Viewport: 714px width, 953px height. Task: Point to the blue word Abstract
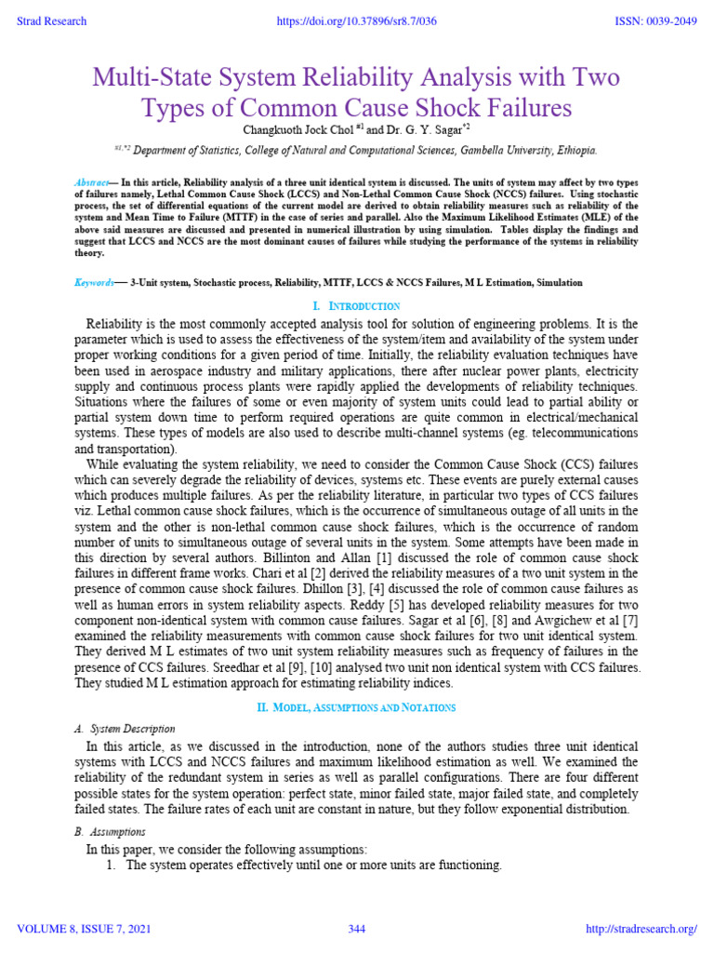(93, 181)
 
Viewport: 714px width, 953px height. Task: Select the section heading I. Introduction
(357, 306)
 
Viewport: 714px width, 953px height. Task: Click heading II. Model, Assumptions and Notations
(357, 708)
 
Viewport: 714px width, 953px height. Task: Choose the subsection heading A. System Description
(125, 729)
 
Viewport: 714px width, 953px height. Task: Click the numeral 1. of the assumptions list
(112, 866)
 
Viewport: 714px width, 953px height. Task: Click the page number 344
(357, 929)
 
